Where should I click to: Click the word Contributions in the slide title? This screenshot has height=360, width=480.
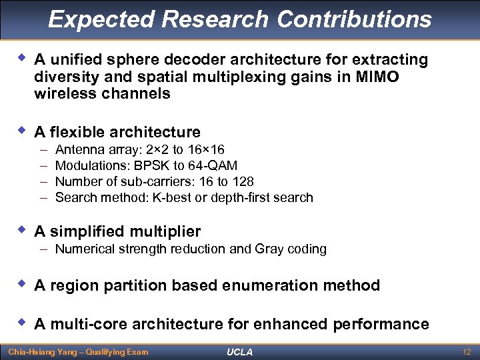click(354, 19)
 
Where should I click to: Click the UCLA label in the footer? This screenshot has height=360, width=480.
click(239, 352)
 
